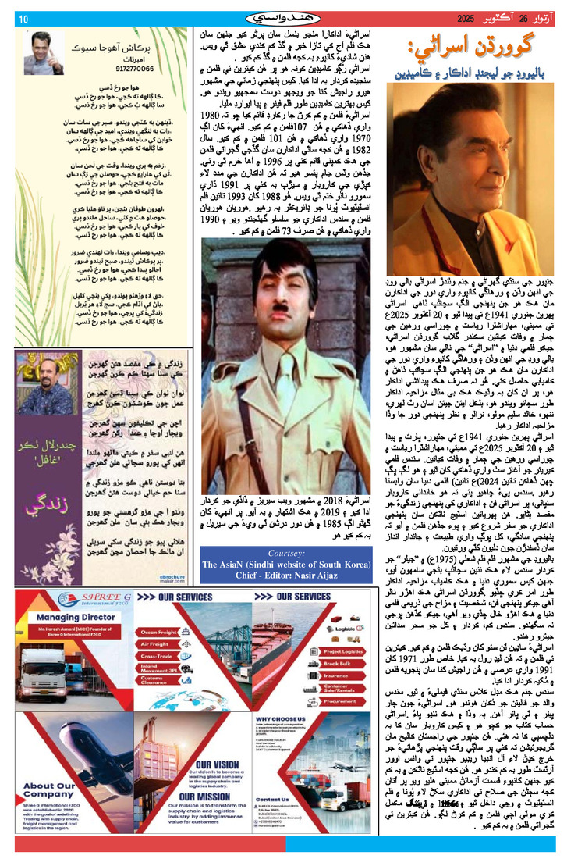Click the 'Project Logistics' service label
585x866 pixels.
[342, 650]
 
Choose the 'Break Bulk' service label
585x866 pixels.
[335, 665]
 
